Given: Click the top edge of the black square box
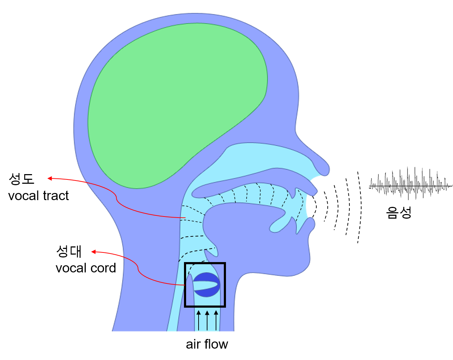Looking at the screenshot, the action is (x=205, y=264).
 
